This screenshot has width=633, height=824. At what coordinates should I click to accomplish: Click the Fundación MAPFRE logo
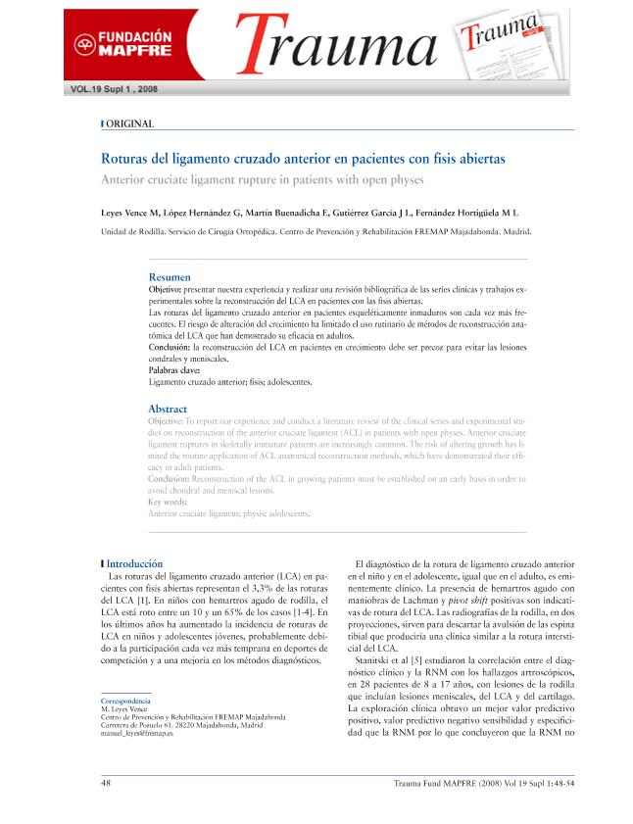[125, 42]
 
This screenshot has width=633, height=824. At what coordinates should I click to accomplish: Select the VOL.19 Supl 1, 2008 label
[115, 89]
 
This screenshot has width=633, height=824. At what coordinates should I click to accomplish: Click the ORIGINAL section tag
[129, 123]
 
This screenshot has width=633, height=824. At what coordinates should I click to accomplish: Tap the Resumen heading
[169, 277]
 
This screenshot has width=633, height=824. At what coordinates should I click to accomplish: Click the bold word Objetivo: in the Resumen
[165, 292]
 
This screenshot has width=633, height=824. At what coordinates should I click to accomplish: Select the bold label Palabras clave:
[174, 371]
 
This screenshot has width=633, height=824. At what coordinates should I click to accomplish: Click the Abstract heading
[168, 409]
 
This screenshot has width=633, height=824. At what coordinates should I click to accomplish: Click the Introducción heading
[134, 563]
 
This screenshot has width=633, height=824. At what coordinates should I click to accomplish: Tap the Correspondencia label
[125, 703]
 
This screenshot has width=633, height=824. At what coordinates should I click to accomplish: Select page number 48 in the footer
[107, 783]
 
